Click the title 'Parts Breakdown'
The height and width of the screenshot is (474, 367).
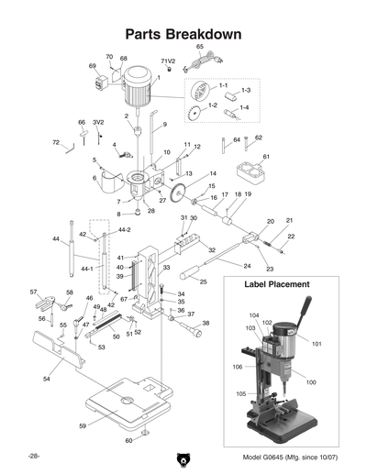pyautogui.click(x=183, y=34)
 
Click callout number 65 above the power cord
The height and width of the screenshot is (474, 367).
pyautogui.click(x=199, y=47)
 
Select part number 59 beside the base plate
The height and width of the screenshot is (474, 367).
pyautogui.click(x=82, y=425)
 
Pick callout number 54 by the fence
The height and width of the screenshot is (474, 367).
pyautogui.click(x=45, y=377)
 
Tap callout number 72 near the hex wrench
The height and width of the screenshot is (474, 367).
pyautogui.click(x=55, y=142)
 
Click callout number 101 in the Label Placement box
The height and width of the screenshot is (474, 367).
pyautogui.click(x=317, y=345)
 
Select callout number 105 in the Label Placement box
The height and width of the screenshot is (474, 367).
pyautogui.click(x=241, y=394)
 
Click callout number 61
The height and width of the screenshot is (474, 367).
pyautogui.click(x=267, y=157)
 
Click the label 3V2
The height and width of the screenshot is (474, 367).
pyautogui.click(x=97, y=121)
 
